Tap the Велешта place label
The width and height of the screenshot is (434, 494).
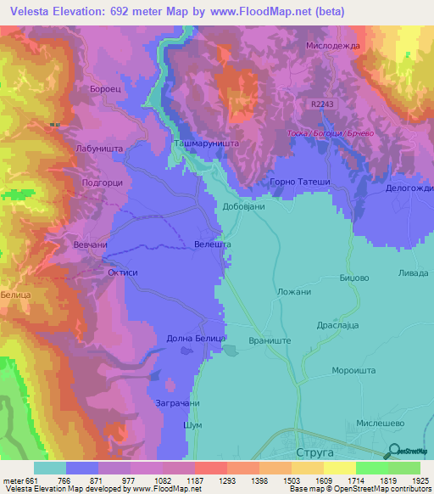point(213,244)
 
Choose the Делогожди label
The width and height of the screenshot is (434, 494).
point(409,188)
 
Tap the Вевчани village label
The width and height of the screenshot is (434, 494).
point(92,244)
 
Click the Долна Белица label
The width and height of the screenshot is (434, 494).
point(195,338)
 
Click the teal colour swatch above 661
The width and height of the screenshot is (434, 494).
point(50,468)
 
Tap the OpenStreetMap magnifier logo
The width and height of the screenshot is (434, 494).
point(393,452)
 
